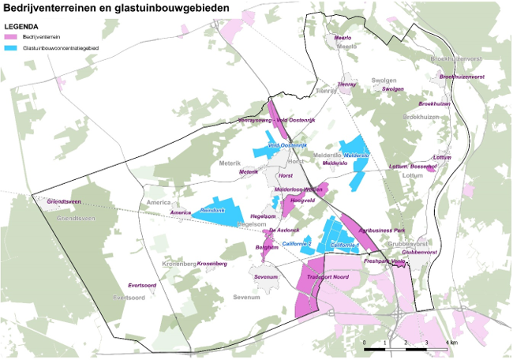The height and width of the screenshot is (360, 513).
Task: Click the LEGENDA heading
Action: tap(21, 26)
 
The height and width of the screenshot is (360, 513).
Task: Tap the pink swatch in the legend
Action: tap(11, 37)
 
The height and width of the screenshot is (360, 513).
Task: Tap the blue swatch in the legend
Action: tap(11, 48)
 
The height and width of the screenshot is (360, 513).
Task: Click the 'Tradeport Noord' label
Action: tap(328, 277)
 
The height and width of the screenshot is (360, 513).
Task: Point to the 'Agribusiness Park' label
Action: tap(382, 231)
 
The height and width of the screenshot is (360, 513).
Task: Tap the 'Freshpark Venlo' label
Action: tap(384, 261)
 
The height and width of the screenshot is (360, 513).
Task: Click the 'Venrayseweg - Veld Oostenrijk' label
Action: tap(276, 120)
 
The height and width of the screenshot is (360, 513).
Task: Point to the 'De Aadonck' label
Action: tap(283, 230)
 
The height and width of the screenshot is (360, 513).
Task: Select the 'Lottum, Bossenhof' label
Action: tap(413, 167)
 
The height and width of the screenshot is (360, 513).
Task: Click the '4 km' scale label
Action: tap(451, 343)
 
